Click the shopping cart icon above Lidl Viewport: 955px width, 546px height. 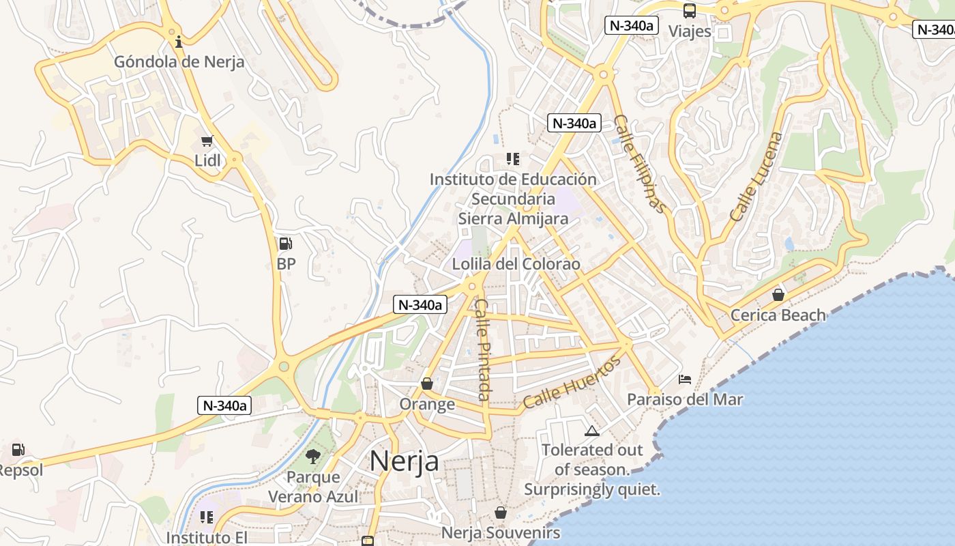pos(207,141)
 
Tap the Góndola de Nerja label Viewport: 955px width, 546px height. pos(179,62)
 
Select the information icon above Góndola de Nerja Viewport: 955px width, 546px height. pos(179,42)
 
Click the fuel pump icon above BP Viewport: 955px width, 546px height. pos(286,244)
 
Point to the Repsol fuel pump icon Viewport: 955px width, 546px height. pos(18,450)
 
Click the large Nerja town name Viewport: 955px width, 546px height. pos(405,461)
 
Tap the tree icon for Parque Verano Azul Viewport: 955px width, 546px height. pos(313,457)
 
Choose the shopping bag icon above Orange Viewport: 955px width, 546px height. pos(427,384)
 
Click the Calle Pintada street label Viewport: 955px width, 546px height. pos(483,349)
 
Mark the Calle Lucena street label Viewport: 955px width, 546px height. pos(756,176)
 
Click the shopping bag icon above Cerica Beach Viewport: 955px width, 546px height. pos(778,295)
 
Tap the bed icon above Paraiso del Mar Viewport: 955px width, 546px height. pos(685,379)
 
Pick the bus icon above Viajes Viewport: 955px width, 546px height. pos(690,11)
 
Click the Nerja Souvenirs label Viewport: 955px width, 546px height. pos(501,532)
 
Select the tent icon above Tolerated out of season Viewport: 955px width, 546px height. pos(592,431)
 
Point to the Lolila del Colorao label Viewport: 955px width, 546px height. pos(516,264)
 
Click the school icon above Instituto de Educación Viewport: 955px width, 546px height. pos(513,159)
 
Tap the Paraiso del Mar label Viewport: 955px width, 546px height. pos(685,399)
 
